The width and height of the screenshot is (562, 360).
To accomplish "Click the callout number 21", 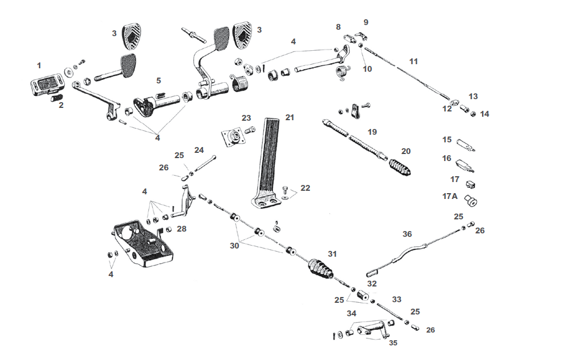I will coord(290,117).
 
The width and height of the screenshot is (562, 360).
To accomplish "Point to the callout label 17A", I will coord(450,196).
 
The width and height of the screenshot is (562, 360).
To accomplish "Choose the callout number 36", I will coord(407,234).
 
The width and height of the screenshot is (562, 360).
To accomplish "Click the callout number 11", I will coord(413,61).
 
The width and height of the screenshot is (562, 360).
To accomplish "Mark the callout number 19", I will coord(372,132).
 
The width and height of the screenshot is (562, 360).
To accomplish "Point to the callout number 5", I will coord(158,81).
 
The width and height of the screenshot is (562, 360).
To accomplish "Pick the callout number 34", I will coord(351,313).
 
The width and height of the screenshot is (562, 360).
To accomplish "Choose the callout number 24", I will coord(199,150).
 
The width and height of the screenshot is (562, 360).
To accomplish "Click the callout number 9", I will coord(366,22).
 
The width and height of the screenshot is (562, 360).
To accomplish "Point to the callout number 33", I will coord(397,299).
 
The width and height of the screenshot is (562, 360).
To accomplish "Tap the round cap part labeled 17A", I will coord(470,201).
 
